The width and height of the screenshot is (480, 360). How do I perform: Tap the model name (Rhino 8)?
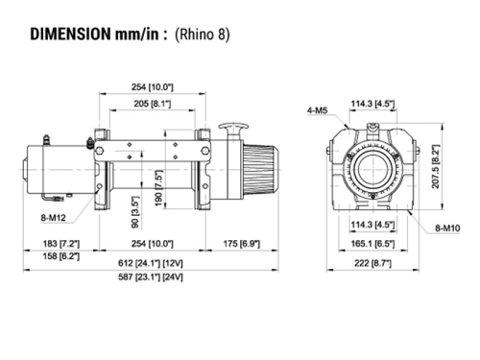click(x=203, y=36)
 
